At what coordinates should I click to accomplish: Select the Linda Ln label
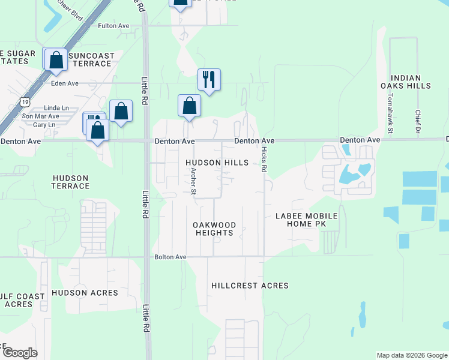coord(49,107)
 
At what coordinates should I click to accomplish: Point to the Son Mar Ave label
coord(41,116)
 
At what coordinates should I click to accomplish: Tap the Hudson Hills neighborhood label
coord(217,163)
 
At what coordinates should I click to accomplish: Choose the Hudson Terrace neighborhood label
coord(71,182)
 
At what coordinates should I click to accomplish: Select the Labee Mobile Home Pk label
coord(306,220)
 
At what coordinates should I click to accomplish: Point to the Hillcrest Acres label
coord(250,286)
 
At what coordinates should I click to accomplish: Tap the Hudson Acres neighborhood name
coord(79,293)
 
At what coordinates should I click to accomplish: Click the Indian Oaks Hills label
coord(410,82)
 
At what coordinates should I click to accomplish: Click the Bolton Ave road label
coord(171,257)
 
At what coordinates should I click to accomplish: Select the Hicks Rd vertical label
coord(264,161)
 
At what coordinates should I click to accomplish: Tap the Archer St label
coord(193,181)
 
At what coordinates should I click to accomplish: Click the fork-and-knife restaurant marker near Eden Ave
coord(209,79)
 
